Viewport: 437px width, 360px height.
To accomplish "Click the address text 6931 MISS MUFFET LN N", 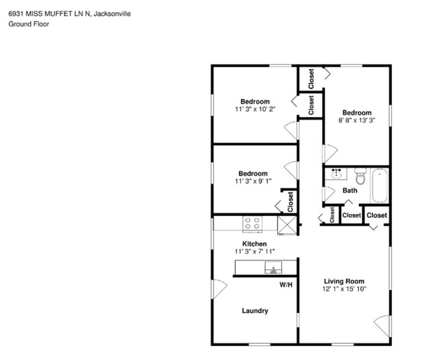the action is tap(49, 13).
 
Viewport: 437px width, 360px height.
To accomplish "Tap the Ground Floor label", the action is tap(29, 24).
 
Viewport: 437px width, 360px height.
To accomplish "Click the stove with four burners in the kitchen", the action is tap(253, 224).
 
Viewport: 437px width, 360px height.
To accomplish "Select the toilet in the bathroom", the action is tap(360, 176).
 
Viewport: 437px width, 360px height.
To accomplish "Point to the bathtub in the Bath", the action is tap(380, 186).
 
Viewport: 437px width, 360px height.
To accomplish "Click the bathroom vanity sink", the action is tap(336, 174).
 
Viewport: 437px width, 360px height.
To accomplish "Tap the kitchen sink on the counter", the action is tap(274, 268).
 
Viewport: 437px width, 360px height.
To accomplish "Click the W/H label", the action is tap(286, 285).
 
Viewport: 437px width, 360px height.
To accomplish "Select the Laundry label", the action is tap(255, 311).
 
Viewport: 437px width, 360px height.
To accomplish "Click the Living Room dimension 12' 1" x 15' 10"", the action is tap(344, 289).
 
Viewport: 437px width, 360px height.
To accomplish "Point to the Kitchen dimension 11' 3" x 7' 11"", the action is tap(254, 251).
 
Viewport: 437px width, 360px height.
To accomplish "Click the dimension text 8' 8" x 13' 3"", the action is tap(357, 120).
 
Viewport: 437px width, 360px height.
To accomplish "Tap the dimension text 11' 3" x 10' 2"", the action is tap(255, 109).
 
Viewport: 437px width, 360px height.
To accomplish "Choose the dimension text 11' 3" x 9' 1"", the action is tap(253, 181).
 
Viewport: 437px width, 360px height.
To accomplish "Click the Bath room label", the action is tap(350, 190).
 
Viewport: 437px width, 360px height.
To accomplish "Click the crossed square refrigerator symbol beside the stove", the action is tap(287, 225).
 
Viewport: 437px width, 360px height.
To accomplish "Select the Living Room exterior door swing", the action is tap(383, 326).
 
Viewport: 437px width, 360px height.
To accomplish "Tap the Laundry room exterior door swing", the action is tap(220, 289).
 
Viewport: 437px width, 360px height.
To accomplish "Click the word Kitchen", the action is tap(254, 244).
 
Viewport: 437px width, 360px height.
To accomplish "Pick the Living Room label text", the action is tap(344, 281).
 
